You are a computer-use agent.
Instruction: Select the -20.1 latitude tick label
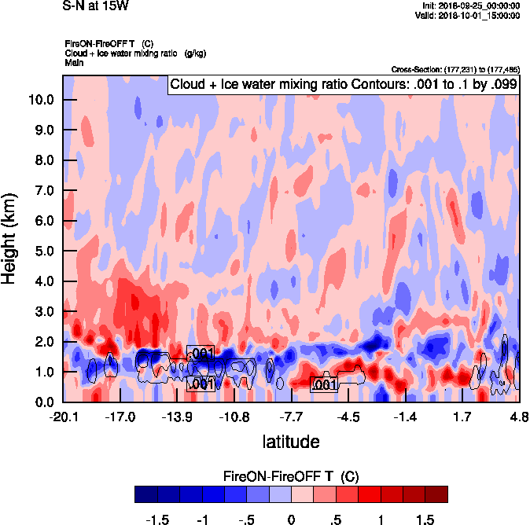[x=63, y=417]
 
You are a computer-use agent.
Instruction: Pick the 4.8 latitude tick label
[x=519, y=417]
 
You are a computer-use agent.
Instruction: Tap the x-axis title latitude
[x=291, y=442]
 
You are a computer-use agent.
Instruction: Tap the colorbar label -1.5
[x=158, y=520]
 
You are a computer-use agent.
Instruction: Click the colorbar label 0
[x=291, y=520]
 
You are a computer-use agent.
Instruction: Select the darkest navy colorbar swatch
[x=146, y=494]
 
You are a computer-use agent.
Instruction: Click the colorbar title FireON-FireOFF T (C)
[x=291, y=475]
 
